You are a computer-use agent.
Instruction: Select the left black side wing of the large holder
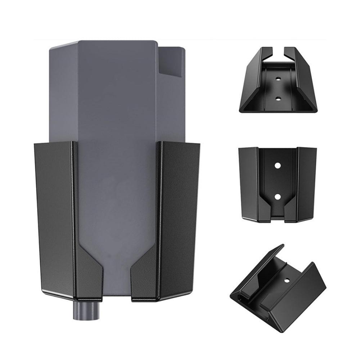[x=54, y=216]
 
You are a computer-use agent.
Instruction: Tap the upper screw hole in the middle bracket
[x=278, y=165]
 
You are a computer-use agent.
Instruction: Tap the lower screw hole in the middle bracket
[x=278, y=197]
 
